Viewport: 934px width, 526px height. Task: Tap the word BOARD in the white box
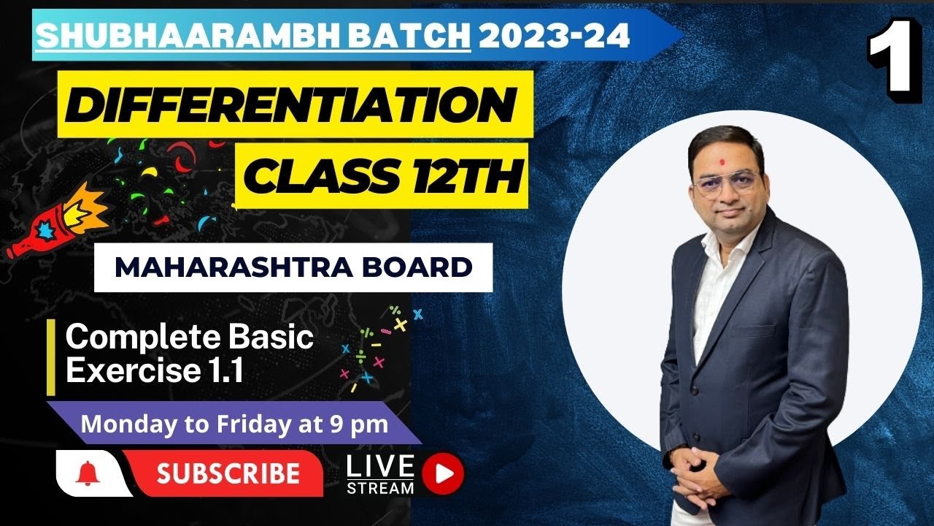coord(417,267)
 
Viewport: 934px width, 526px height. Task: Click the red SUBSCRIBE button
coord(228,473)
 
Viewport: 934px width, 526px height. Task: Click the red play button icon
coord(443,473)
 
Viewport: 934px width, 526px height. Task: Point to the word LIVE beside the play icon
coord(380,466)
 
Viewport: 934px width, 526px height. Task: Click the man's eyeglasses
coord(726,183)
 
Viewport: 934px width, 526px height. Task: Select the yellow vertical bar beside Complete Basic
coord(51,357)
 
